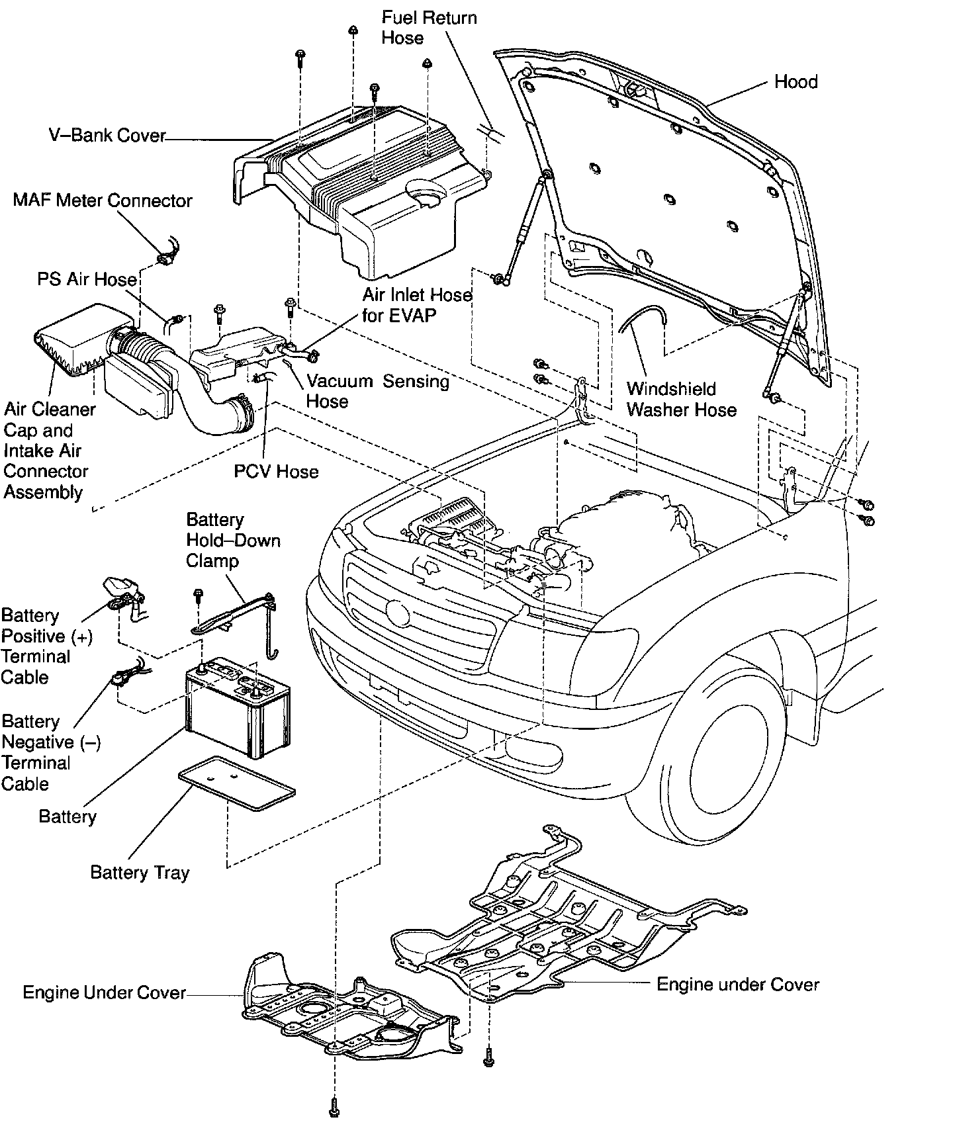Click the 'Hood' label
click(x=795, y=82)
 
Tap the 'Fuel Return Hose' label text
click(x=428, y=27)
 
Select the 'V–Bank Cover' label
click(x=107, y=136)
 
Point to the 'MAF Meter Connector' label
click(x=103, y=200)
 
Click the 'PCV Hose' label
click(x=276, y=472)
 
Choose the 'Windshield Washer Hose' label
click(x=681, y=399)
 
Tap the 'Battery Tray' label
click(x=140, y=873)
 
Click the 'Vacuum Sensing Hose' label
click(x=377, y=391)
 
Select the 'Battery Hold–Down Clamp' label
click(x=232, y=540)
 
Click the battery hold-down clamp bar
click(x=235, y=612)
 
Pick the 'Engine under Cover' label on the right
click(x=737, y=985)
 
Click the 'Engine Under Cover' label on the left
click(x=104, y=993)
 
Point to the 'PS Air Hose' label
click(x=87, y=279)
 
